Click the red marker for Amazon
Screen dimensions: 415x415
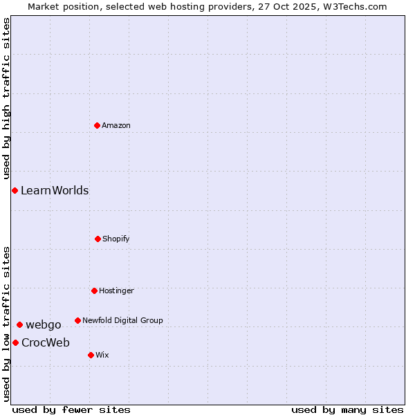(97, 125)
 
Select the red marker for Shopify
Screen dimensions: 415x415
(98, 239)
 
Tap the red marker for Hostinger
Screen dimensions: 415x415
(94, 290)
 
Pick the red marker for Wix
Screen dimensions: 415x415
(91, 355)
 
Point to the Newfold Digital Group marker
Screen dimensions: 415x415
(77, 320)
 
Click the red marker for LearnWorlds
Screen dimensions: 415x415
(15, 190)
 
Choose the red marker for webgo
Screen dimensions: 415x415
(19, 324)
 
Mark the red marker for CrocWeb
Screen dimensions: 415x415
(15, 342)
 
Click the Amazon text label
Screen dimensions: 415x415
(116, 125)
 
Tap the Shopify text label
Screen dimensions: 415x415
(116, 239)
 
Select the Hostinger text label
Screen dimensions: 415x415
(116, 290)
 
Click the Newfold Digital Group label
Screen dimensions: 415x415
(122, 320)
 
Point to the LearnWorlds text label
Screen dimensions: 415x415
(55, 190)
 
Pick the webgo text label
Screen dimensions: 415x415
(44, 324)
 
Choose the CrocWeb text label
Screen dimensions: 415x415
(46, 342)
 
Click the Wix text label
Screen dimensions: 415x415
(102, 355)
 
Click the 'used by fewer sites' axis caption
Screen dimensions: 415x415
(71, 409)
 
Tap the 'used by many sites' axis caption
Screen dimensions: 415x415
(347, 409)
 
